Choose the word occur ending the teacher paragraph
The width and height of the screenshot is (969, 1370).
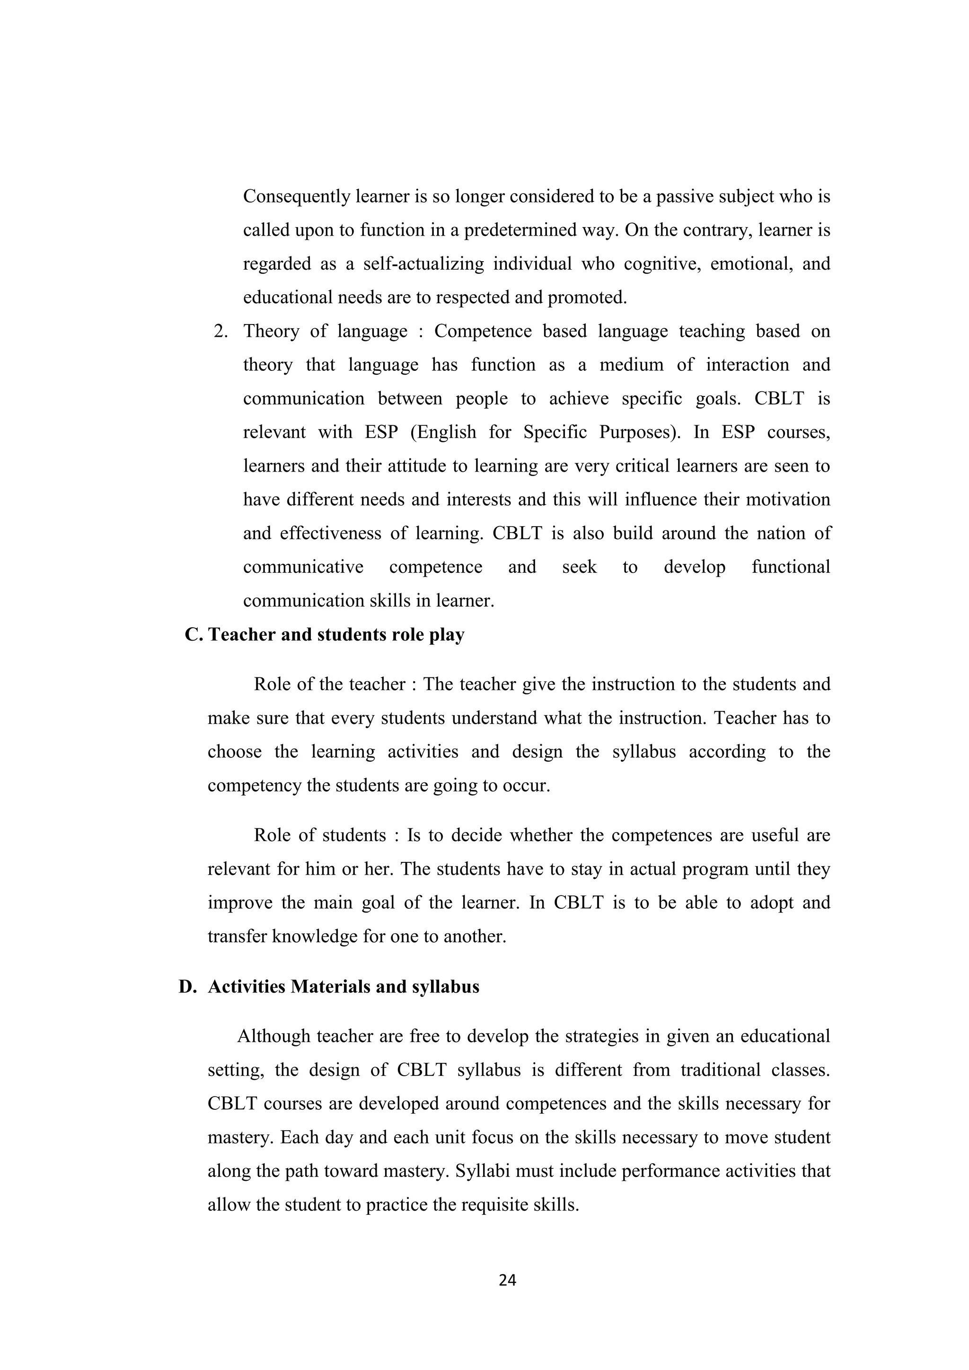click(526, 785)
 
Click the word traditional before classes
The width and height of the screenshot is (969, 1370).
click(720, 1070)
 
